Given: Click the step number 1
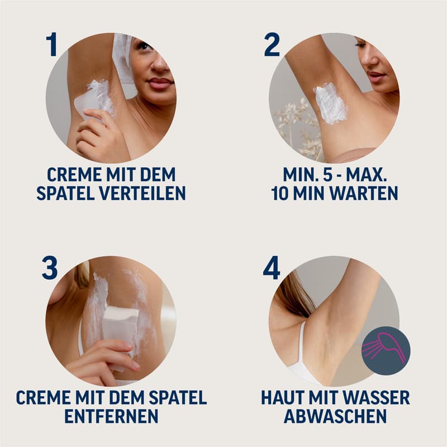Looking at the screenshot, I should point(52,45).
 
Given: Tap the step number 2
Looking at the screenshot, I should point(272,45).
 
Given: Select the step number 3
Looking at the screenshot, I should point(50,268).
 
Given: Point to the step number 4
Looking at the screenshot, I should point(272,268).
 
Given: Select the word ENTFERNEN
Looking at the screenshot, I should point(111,417).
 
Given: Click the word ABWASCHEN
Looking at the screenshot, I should point(335,417).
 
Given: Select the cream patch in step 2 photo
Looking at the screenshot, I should point(330,103).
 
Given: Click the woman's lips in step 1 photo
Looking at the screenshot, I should point(159,84).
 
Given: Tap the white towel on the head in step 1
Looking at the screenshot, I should point(122,56).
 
